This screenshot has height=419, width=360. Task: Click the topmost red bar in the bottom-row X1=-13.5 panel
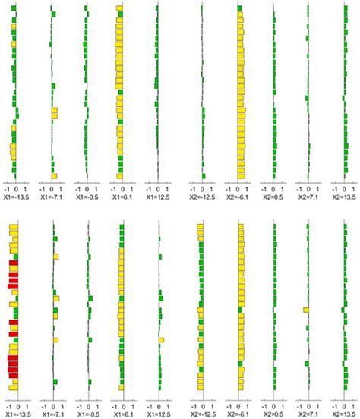click(13, 263)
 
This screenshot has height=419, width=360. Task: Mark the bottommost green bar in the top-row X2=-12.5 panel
click(203, 175)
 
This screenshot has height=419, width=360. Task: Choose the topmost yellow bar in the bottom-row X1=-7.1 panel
click(54, 230)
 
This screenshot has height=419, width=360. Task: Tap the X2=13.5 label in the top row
click(344, 197)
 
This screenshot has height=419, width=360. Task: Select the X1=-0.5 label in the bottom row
click(87, 415)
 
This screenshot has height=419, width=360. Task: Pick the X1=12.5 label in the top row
click(157, 197)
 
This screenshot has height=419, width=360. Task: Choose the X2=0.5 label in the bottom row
click(274, 415)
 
